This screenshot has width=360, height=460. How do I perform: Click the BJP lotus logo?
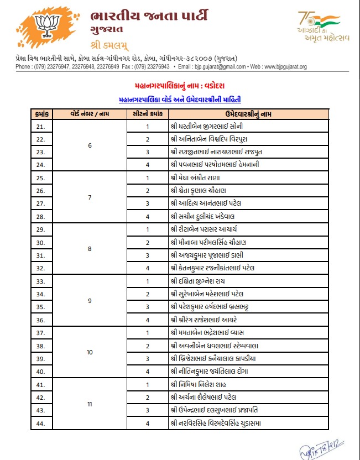[x=45, y=27]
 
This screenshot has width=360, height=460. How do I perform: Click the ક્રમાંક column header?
[x=41, y=113]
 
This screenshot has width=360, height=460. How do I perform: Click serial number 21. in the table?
[x=41, y=126]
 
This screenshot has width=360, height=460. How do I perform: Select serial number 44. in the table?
[x=41, y=424]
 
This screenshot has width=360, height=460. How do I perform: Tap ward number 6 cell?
[x=90, y=145]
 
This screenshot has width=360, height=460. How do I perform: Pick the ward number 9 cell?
[x=90, y=301]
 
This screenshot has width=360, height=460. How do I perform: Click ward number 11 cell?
[x=90, y=404]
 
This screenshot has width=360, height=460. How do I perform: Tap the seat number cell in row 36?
[x=148, y=320]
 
